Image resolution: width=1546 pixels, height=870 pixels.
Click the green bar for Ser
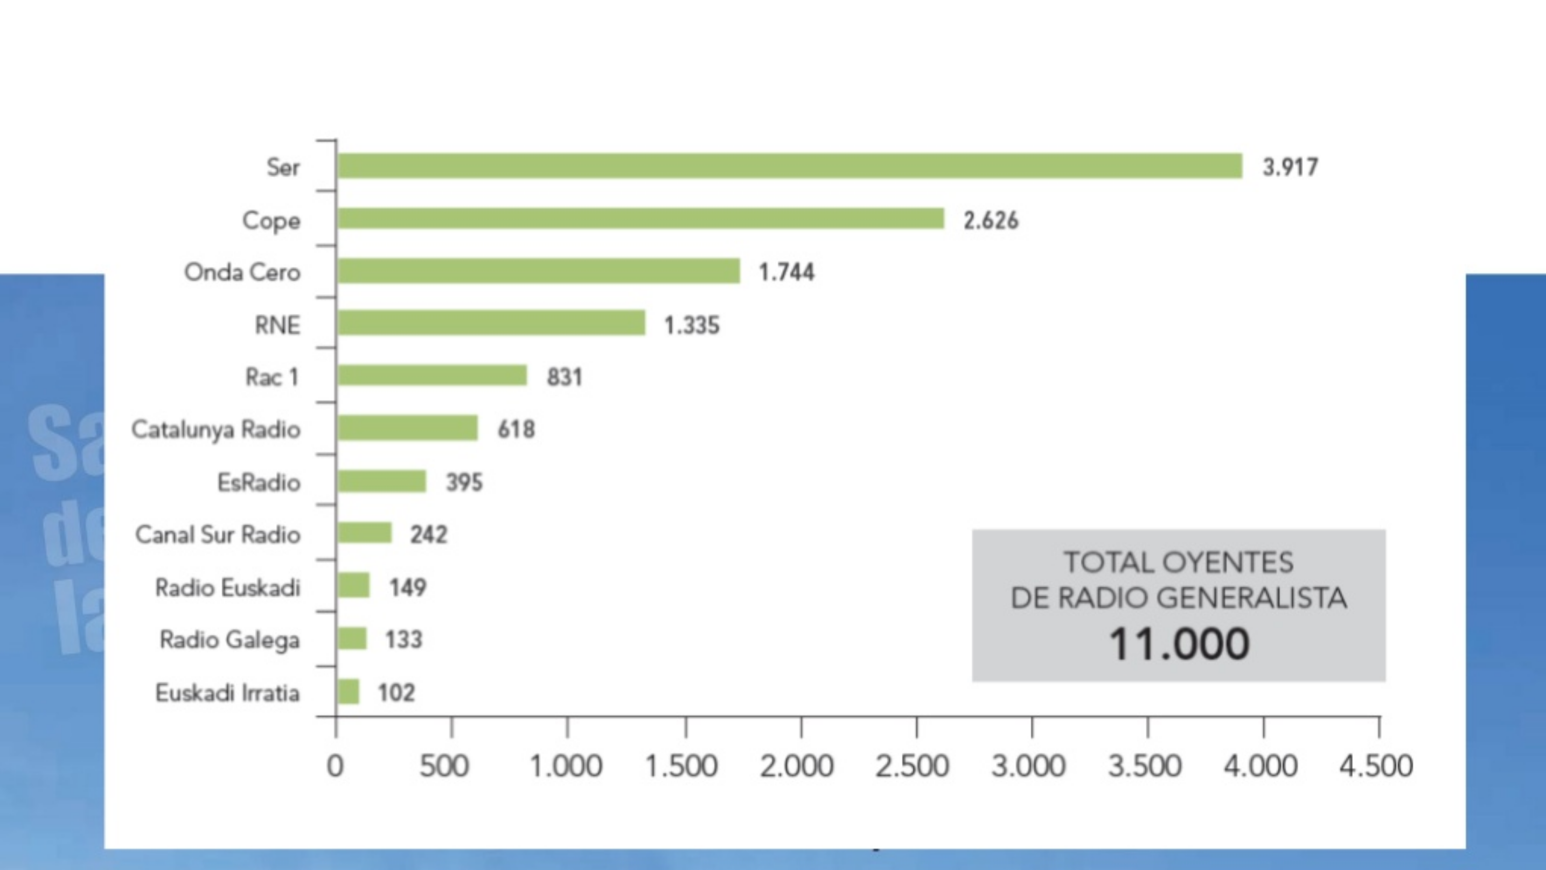(789, 166)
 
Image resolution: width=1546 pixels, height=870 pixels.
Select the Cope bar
(640, 219)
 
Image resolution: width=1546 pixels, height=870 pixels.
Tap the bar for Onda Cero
(538, 271)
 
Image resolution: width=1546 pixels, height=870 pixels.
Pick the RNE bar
(491, 324)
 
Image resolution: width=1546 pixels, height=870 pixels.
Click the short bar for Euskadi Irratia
(348, 692)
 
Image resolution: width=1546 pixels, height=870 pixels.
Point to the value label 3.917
(1290, 167)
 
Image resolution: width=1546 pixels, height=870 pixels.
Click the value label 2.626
(991, 220)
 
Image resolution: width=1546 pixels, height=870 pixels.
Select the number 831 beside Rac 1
(564, 377)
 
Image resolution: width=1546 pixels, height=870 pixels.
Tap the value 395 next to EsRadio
(464, 482)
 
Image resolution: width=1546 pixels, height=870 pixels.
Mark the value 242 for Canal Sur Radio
(428, 534)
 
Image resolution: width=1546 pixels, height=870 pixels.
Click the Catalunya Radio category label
(216, 430)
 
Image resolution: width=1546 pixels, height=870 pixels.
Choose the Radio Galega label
(229, 640)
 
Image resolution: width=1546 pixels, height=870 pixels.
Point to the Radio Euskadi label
(227, 587)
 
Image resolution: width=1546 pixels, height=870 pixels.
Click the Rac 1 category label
(272, 377)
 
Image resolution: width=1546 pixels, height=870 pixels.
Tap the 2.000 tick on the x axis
(796, 766)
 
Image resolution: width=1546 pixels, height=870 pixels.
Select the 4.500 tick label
(1376, 766)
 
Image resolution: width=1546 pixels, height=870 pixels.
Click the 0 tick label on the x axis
(335, 766)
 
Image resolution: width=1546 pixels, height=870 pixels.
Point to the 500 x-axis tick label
(443, 766)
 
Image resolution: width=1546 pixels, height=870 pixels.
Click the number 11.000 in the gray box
(1179, 644)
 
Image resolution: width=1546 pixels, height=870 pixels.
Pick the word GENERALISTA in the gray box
(1251, 598)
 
